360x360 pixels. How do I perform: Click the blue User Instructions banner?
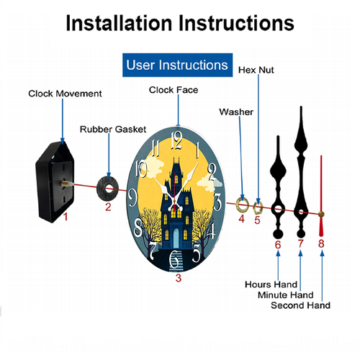click(x=177, y=65)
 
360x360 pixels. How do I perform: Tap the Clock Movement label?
click(x=65, y=94)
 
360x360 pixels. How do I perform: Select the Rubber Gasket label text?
click(x=113, y=130)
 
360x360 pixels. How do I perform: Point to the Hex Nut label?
click(x=256, y=70)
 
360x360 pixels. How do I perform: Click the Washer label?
click(x=236, y=112)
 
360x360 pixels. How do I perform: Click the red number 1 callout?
click(x=66, y=217)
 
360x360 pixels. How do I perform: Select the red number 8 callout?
click(x=321, y=243)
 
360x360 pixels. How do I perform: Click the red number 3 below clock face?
click(x=178, y=278)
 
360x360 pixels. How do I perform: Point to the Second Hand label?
click(x=300, y=305)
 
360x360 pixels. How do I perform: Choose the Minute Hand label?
click(x=286, y=295)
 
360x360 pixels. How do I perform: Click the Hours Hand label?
click(x=271, y=284)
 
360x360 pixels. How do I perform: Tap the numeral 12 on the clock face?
click(x=176, y=141)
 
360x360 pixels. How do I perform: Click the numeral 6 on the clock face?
click(x=174, y=259)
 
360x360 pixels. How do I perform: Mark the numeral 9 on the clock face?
click(x=132, y=198)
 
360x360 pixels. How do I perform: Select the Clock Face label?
click(x=174, y=90)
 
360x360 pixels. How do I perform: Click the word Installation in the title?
click(x=119, y=23)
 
